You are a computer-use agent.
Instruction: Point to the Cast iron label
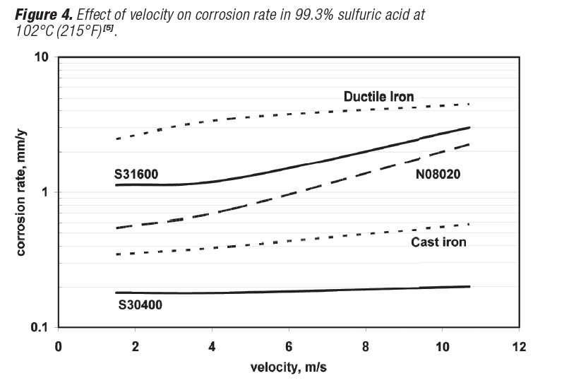[439, 242]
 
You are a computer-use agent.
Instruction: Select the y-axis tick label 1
[45, 192]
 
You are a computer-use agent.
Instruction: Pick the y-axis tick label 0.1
[40, 327]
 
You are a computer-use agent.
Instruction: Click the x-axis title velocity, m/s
[289, 367]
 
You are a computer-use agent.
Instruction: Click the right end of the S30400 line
[469, 286]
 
